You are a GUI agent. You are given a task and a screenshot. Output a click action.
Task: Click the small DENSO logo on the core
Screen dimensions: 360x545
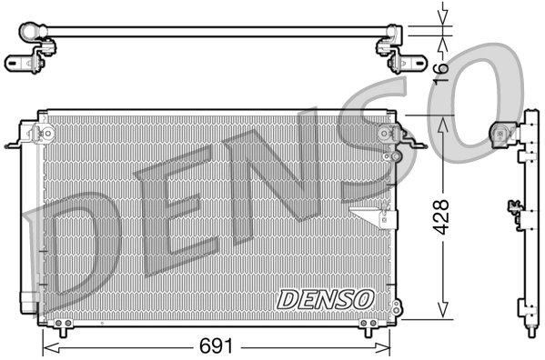click(x=325, y=298)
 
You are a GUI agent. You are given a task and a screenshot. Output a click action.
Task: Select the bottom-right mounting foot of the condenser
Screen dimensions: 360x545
click(x=368, y=324)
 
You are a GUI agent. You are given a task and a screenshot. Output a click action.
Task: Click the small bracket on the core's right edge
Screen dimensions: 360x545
click(x=374, y=216)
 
